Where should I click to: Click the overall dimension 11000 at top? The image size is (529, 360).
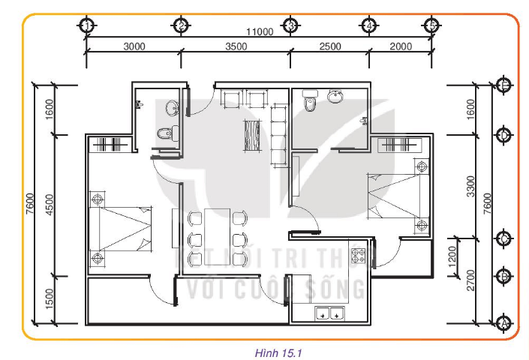click(259, 31)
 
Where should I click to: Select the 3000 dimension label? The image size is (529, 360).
click(134, 46)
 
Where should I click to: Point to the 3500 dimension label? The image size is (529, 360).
click(236, 46)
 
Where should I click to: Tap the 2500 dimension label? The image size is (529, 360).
click(329, 46)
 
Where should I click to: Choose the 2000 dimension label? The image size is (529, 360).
click(401, 46)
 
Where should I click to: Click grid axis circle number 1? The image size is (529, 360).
click(87, 25)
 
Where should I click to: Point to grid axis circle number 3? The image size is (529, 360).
click(290, 25)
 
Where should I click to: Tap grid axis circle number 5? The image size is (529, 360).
click(431, 25)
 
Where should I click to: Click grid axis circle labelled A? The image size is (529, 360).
click(504, 322)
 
